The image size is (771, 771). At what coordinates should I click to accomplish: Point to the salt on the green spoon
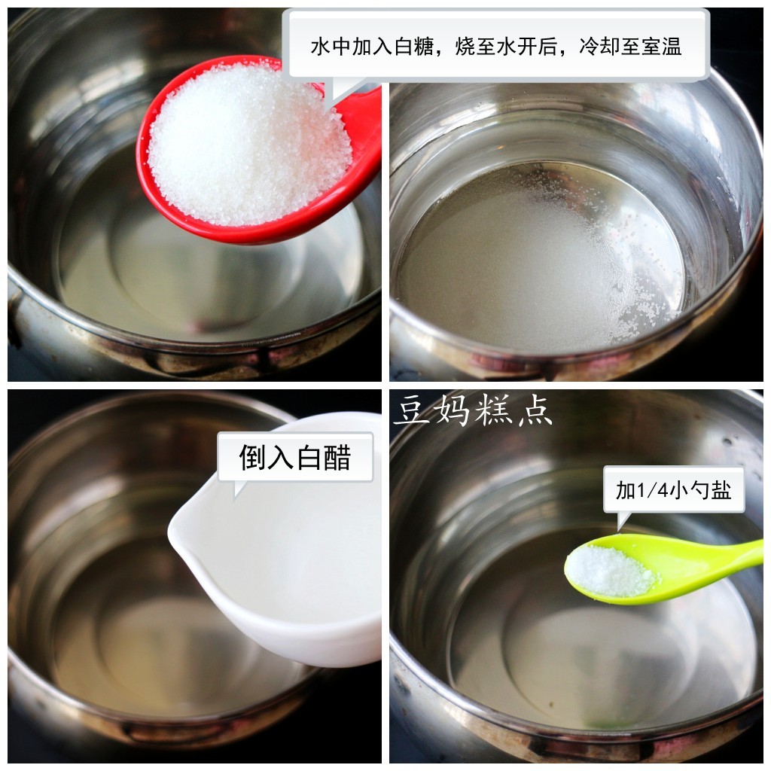point(610,571)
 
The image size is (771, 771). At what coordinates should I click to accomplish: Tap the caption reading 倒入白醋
point(295,457)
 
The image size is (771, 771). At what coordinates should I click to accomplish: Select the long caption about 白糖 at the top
point(497,47)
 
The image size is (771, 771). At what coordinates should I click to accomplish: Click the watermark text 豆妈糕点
point(473,412)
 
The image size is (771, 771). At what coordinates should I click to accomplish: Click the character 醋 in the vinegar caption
point(337,457)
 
